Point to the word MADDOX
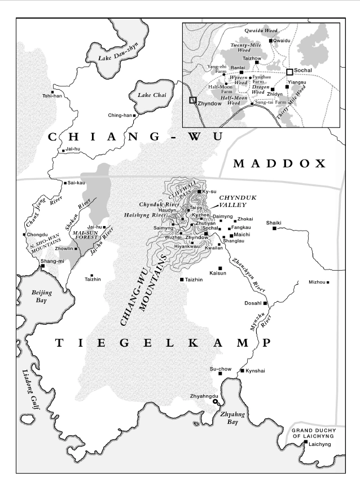coord(280,164)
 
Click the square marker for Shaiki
coord(275,228)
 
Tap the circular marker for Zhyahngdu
coord(215,402)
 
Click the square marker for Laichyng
coord(305,443)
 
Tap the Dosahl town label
coord(253,303)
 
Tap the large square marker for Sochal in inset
coord(289,72)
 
